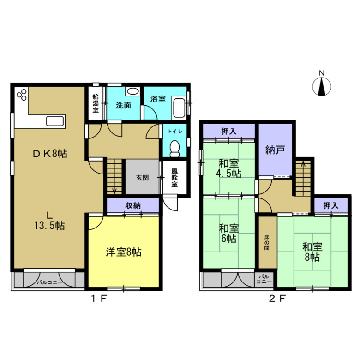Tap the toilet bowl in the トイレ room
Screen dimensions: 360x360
point(174,148)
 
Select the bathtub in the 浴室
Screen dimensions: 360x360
point(179,108)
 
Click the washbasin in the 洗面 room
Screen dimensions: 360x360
point(132,91)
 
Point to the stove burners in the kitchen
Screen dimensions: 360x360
point(22,95)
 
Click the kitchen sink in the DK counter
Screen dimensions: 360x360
point(55,122)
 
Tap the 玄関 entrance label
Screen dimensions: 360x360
point(142,177)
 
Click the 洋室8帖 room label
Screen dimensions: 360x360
point(123,252)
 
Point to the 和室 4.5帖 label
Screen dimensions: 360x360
point(229,168)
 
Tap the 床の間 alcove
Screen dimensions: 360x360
point(267,242)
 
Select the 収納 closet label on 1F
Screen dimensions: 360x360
point(133,206)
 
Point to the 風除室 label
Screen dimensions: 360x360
point(174,178)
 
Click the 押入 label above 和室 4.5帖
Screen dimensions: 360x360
point(229,132)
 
